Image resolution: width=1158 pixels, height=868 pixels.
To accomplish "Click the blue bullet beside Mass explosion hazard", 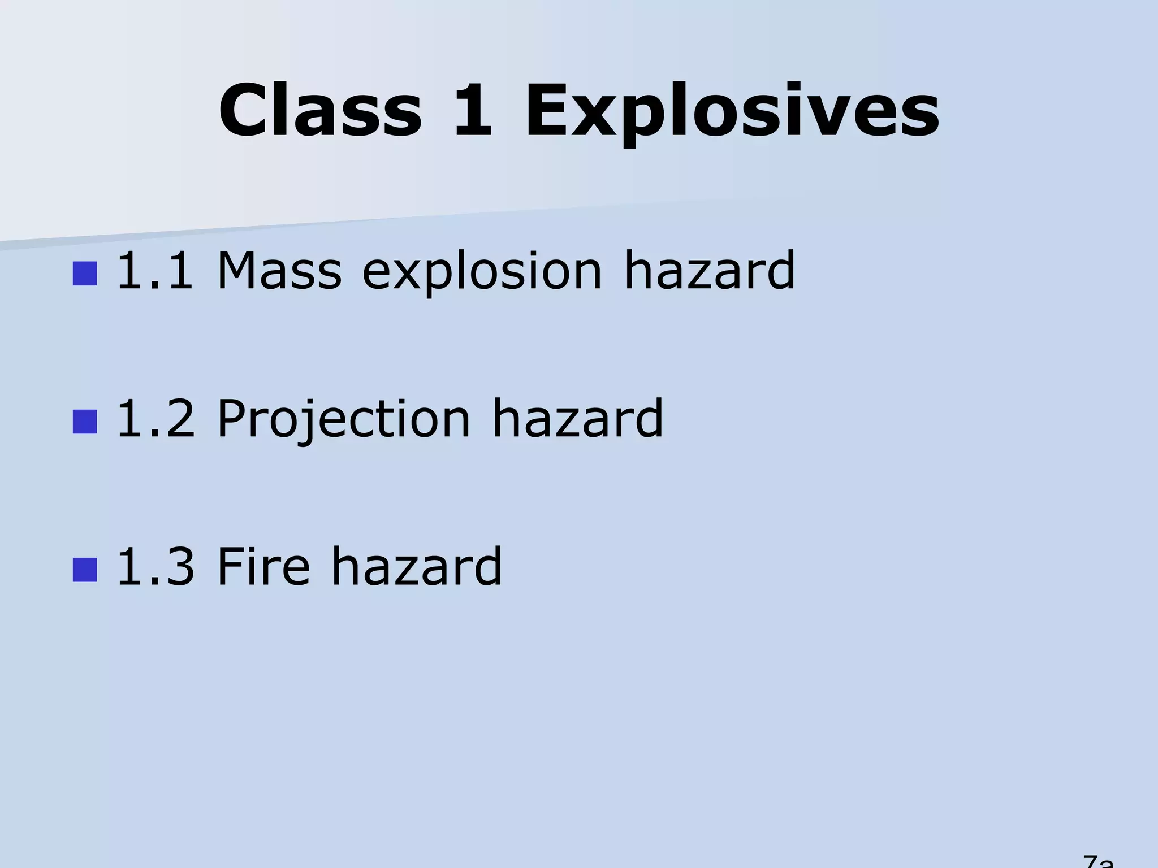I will click(85, 273).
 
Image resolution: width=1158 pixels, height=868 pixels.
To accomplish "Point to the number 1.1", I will click(154, 272).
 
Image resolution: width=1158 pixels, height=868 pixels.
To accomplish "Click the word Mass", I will click(279, 272).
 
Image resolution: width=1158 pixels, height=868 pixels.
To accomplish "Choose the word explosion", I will click(482, 274).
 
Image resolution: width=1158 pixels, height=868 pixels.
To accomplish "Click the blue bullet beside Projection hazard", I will click(85, 422).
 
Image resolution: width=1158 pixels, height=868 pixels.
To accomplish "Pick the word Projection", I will click(344, 421).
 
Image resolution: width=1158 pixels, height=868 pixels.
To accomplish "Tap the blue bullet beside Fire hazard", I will click(85, 570).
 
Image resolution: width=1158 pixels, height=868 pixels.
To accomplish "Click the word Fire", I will click(263, 567).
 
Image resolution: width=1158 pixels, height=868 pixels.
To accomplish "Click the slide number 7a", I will click(1097, 862).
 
